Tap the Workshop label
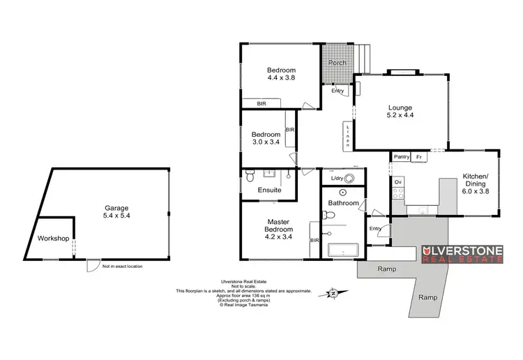[54, 239]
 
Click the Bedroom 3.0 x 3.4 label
[266, 138]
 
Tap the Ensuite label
[270, 189]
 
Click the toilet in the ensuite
[251, 179]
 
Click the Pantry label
[400, 158]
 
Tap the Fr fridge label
[418, 158]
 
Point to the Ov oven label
[398, 182]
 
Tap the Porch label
[338, 63]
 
